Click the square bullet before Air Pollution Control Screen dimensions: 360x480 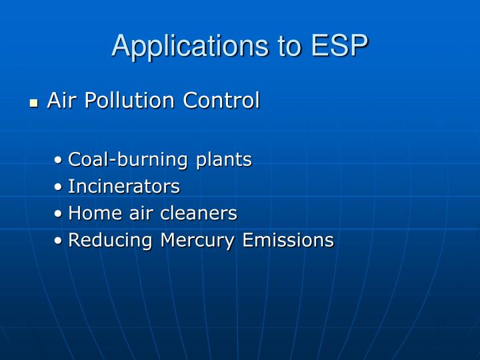34,103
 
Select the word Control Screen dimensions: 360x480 221,101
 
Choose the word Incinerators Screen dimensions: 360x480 124,186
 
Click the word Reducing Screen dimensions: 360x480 111,240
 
